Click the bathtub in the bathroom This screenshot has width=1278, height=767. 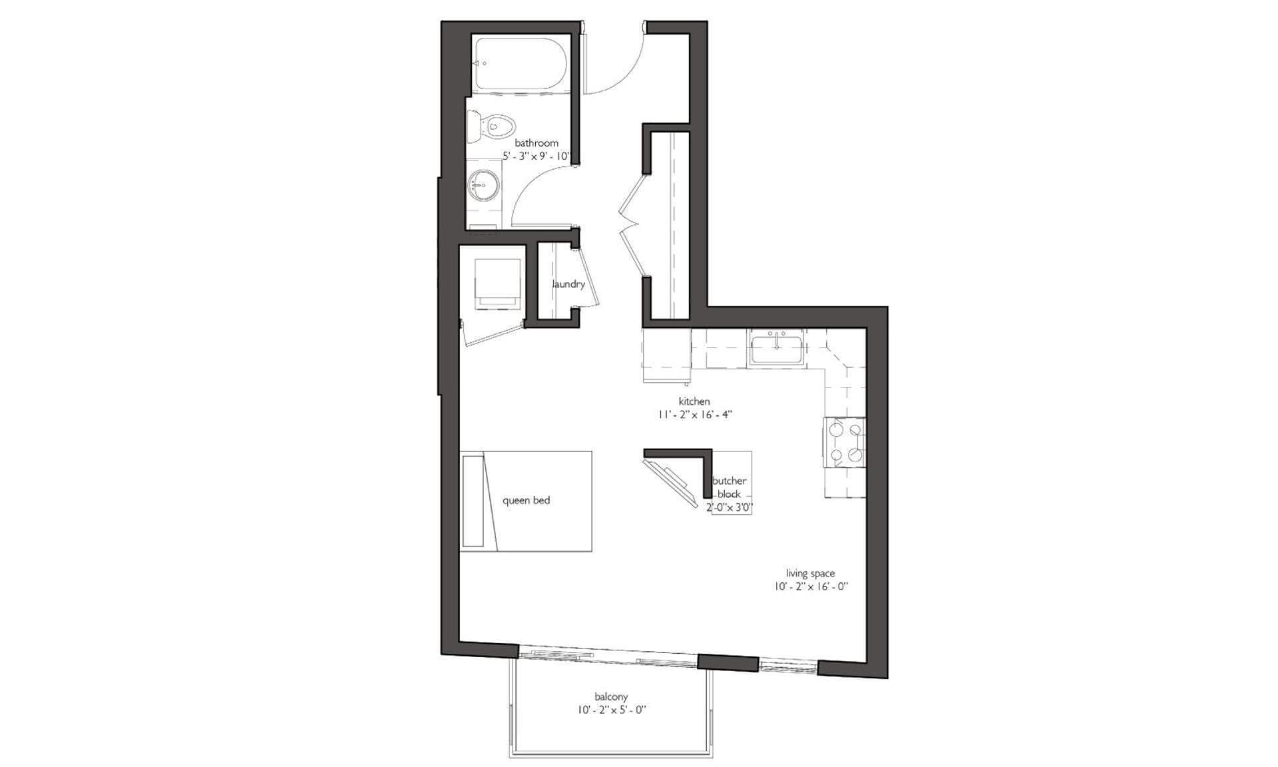[520, 64]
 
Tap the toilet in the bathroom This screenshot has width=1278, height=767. [493, 125]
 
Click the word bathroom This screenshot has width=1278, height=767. [536, 143]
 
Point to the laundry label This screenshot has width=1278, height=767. [568, 284]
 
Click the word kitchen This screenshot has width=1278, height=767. [694, 401]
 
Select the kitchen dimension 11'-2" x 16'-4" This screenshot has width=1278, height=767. [696, 415]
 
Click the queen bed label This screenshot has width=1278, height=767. [526, 500]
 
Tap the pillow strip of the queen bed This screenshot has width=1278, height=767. [472, 501]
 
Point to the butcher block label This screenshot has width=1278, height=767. [730, 487]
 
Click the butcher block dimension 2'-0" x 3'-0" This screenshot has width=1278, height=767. [730, 508]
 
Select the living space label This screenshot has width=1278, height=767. [810, 573]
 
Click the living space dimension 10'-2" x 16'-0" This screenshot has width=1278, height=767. [810, 587]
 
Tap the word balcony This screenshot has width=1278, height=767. [611, 697]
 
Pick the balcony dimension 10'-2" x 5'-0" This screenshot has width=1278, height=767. [612, 710]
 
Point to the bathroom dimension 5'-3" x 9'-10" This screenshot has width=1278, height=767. [536, 156]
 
